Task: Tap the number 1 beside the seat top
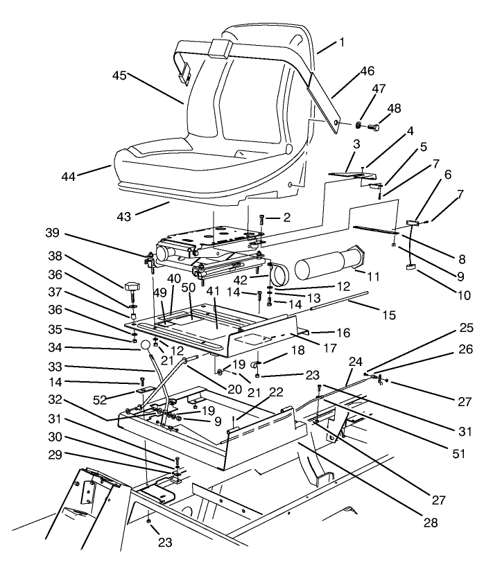tap(340, 43)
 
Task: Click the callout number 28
tap(431, 523)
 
